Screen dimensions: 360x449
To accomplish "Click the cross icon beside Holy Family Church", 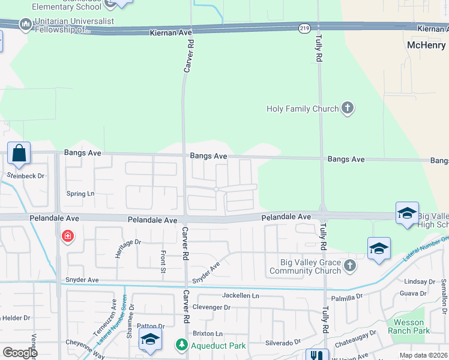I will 347,109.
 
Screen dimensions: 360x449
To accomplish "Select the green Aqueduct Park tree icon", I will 181,345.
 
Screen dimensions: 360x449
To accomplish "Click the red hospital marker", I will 68,236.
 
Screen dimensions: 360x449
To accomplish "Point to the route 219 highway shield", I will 305,28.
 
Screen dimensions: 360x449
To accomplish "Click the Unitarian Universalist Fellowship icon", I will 25,25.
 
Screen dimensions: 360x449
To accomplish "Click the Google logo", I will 19,353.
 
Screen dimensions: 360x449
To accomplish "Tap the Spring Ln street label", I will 80,194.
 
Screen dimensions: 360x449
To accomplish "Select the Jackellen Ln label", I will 240,296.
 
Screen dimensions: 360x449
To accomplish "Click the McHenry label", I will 426,46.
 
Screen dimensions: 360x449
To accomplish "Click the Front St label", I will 162,263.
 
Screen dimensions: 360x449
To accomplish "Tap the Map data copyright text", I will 423,355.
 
